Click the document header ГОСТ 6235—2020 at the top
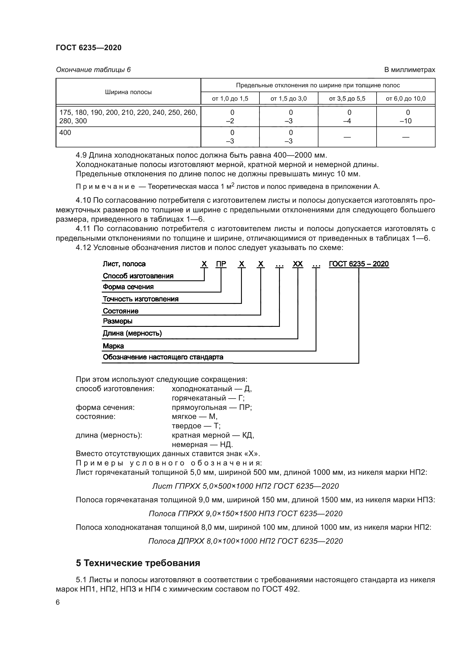tap(88, 48)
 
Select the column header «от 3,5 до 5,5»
tap(347, 99)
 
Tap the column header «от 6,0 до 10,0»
tap(405, 99)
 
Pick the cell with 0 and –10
tap(405, 117)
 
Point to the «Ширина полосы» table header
tap(128, 92)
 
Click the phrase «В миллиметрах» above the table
tap(409, 70)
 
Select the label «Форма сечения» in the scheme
tap(128, 287)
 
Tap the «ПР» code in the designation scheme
tap(221, 264)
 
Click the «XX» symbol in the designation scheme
tap(297, 264)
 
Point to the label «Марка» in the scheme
tap(113, 346)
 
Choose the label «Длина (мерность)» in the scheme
tap(132, 333)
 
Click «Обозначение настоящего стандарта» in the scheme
tap(163, 357)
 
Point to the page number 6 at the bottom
tap(58, 602)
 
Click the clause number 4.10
tap(83, 200)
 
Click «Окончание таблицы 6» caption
tap(93, 70)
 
